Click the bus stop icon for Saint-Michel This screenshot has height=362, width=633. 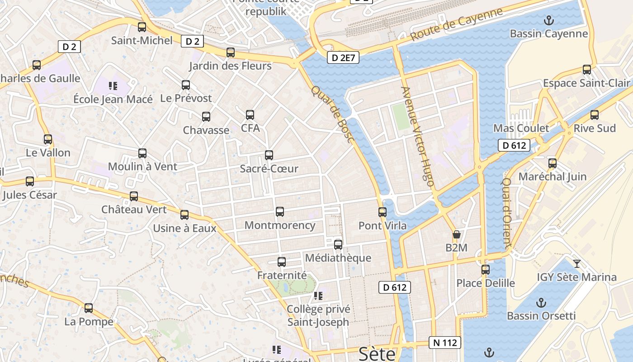(142, 27)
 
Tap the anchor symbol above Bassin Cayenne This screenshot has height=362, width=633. (548, 20)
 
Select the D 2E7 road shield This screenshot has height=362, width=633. (343, 57)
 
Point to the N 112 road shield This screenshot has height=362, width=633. (445, 343)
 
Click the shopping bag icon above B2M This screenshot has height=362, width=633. (457, 234)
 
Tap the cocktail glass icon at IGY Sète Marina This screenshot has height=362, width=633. (576, 263)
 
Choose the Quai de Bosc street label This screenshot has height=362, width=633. (331, 115)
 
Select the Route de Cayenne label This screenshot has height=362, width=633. (456, 24)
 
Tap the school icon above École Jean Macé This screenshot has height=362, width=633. (113, 85)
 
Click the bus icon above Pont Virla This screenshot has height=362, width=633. (383, 212)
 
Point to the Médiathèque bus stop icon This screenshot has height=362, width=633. (338, 245)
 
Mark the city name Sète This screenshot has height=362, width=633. (377, 354)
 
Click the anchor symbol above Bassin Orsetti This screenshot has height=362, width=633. (541, 302)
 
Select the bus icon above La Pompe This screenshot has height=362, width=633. (89, 308)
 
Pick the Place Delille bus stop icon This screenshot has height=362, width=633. (486, 270)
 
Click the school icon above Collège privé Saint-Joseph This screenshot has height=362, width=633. (318, 296)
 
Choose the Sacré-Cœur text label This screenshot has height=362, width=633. (269, 169)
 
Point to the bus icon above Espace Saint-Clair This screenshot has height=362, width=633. (587, 70)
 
